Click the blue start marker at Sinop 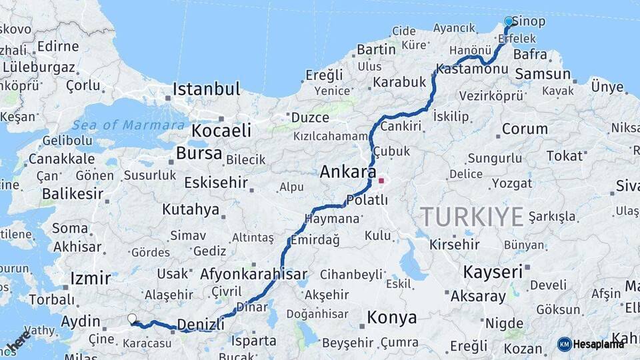[x=509, y=21]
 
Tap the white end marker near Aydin [x=132, y=319]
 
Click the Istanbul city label [x=206, y=89]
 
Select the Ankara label [x=347, y=171]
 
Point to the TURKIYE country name [x=471, y=217]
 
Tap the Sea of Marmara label [x=129, y=125]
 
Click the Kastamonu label [x=473, y=69]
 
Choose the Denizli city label [x=201, y=325]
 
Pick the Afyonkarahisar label [x=253, y=274]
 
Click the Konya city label [x=392, y=317]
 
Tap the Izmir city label [x=89, y=277]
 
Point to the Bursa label [x=199, y=153]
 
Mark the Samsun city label [x=543, y=74]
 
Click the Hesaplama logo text [x=599, y=344]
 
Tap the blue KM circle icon [x=565, y=344]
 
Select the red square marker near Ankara [x=381, y=180]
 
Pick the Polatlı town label [x=367, y=200]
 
